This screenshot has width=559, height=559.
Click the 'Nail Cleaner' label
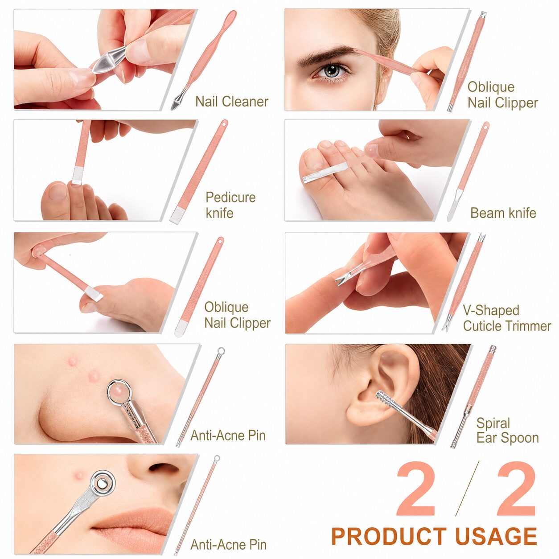pyautogui.click(x=232, y=102)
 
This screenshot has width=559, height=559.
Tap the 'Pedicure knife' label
pyautogui.click(x=230, y=205)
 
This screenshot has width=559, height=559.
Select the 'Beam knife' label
pyautogui.click(x=503, y=213)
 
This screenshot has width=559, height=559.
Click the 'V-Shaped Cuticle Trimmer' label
pyautogui.click(x=507, y=318)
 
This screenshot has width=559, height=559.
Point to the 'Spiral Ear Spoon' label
pyautogui.click(x=507, y=431)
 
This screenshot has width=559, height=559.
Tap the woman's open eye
pyautogui.click(x=332, y=71)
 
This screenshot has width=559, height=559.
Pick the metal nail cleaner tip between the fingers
pyautogui.click(x=108, y=60)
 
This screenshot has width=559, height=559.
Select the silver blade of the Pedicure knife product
pyautogui.click(x=177, y=216)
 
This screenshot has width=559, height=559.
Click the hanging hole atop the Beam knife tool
pyautogui.click(x=485, y=127)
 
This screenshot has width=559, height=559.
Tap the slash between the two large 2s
pyautogui.click(x=467, y=489)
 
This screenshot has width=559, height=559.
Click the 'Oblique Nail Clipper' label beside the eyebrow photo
pyautogui.click(x=503, y=95)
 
